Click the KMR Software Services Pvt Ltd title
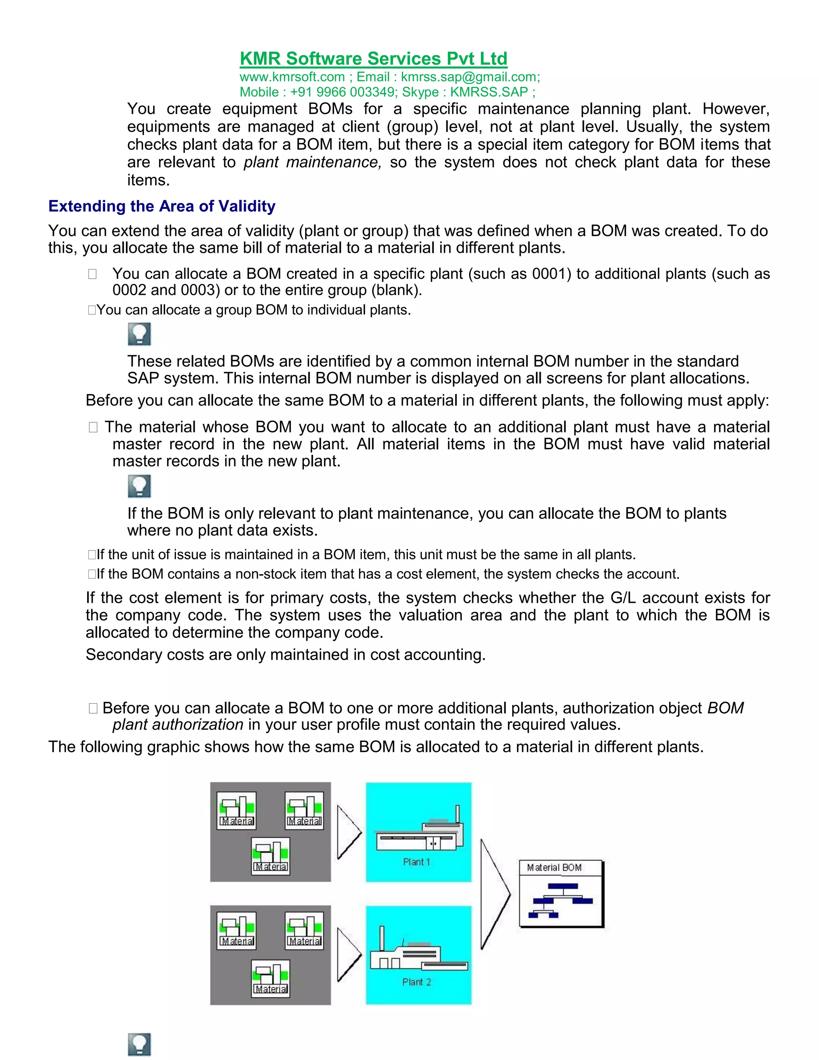(373, 59)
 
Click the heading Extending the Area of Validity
(162, 206)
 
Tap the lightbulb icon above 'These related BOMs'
(139, 334)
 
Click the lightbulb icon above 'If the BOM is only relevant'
(139, 486)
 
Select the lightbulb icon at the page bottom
(139, 1044)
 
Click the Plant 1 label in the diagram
(416, 862)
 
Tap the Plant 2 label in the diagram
(416, 982)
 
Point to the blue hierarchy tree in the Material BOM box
(560, 901)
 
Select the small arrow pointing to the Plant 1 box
(348, 832)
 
